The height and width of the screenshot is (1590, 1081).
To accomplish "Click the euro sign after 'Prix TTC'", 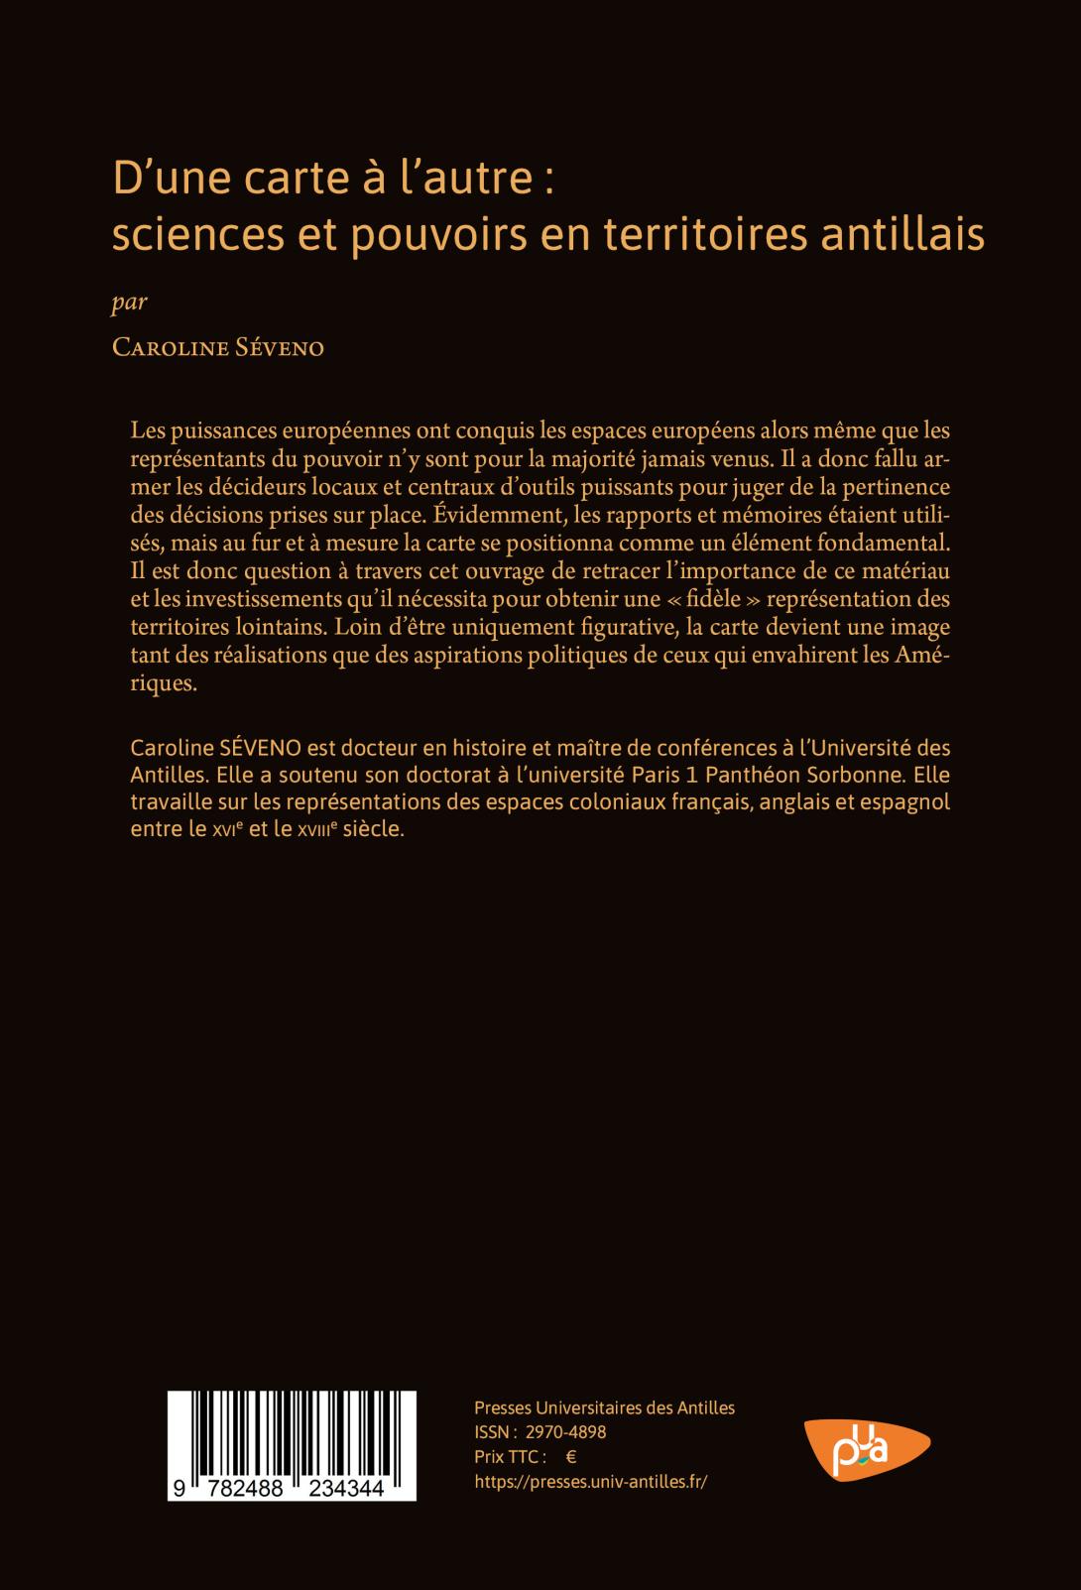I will coord(570,1457).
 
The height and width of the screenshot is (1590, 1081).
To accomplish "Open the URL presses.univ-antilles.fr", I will coord(591,1482).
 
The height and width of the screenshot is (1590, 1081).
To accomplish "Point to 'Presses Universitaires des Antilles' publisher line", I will coord(605,1407).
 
